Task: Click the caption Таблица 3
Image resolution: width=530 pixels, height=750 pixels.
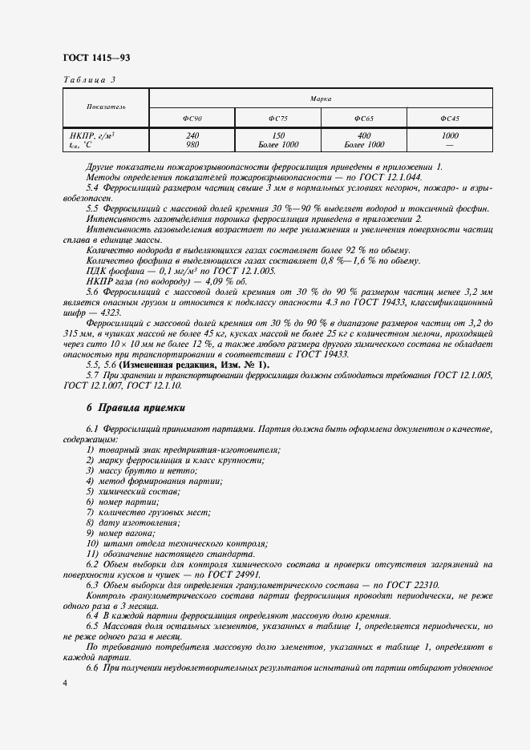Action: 89,80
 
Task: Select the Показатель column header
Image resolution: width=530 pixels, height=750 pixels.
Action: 106,107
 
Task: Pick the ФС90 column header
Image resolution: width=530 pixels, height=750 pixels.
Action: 192,119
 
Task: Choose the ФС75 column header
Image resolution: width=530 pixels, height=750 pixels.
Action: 278,119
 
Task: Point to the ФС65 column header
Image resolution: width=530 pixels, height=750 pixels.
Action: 364,119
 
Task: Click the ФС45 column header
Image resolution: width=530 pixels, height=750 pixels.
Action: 450,119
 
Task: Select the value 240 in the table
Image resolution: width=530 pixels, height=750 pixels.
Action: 192,135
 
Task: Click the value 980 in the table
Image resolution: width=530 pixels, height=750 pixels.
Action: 192,144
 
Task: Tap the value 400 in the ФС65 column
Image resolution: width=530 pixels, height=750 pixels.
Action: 364,135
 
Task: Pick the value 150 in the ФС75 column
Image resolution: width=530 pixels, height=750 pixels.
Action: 278,135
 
